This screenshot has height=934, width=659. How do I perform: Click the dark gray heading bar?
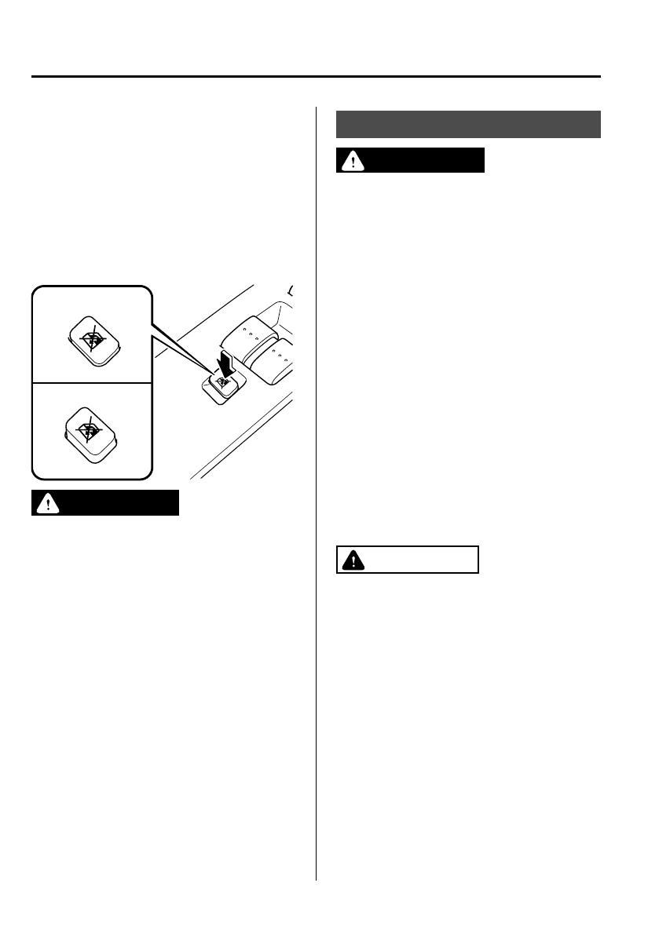pyautogui.click(x=469, y=124)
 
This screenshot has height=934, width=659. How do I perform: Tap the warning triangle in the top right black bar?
pyautogui.click(x=350, y=161)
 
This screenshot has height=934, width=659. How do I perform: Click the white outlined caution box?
pyautogui.click(x=408, y=560)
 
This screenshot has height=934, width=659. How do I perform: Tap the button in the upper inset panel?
pyautogui.click(x=91, y=341)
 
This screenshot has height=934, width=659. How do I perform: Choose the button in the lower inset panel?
pyautogui.click(x=91, y=432)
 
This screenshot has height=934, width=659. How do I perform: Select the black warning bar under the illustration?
pyautogui.click(x=106, y=504)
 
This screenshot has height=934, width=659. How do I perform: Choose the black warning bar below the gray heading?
pyautogui.click(x=411, y=161)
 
